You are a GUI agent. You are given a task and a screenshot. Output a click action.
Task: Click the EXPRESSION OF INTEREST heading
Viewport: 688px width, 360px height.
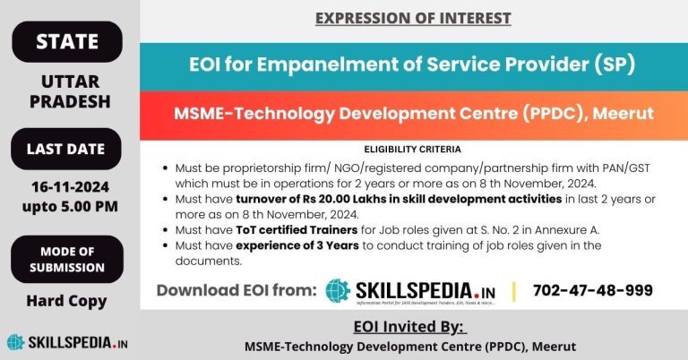click(x=413, y=18)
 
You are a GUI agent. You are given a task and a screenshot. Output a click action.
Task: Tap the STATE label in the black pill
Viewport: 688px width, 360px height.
click(x=66, y=41)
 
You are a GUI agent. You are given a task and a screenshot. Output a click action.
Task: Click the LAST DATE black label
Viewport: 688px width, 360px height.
click(x=66, y=149)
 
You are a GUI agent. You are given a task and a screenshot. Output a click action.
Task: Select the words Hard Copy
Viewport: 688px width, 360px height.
click(x=66, y=301)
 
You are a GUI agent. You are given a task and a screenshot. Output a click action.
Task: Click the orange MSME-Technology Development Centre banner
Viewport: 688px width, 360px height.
click(x=413, y=114)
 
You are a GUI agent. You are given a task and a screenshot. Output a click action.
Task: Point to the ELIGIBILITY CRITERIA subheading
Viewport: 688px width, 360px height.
click(x=413, y=149)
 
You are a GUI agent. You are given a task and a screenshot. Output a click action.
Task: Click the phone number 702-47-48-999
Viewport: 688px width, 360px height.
click(x=592, y=290)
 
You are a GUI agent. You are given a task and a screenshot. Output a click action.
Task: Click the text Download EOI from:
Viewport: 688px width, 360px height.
click(x=236, y=290)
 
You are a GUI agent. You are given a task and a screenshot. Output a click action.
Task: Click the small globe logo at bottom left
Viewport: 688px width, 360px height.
click(x=15, y=342)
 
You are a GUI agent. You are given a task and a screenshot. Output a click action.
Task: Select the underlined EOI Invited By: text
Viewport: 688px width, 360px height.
click(x=410, y=325)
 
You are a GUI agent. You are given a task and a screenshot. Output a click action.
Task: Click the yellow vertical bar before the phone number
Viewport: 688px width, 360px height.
click(x=513, y=290)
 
